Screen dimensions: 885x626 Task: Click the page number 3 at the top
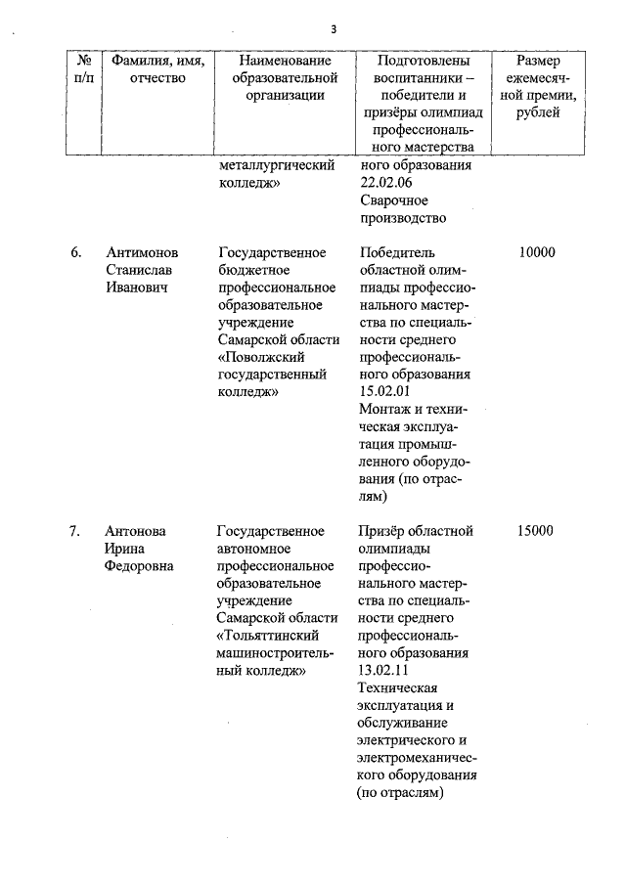click(334, 28)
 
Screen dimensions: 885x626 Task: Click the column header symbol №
click(83, 61)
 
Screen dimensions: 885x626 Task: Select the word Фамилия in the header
click(137, 61)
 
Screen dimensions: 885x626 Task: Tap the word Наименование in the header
click(284, 61)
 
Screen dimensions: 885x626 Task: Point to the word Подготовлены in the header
click(424, 61)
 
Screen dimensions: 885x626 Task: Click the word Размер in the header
click(539, 61)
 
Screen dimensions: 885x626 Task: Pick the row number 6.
click(75, 252)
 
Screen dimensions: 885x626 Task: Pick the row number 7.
click(75, 531)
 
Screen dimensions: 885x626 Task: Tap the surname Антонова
click(136, 531)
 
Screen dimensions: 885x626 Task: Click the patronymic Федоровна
click(141, 566)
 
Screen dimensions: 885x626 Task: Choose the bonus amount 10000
click(537, 252)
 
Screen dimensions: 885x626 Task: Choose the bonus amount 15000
click(537, 531)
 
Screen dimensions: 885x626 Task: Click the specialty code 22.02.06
click(386, 183)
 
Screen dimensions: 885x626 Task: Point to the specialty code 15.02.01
click(385, 392)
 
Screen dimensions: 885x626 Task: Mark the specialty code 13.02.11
click(384, 671)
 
